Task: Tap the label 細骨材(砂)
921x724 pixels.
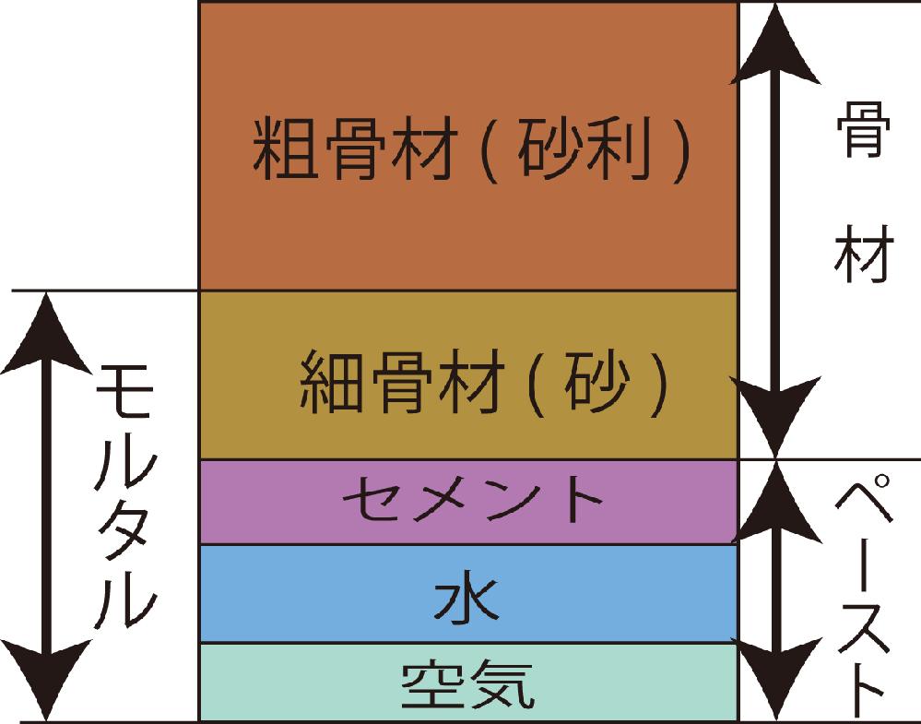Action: pos(485,383)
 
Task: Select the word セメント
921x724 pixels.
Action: pos(473,499)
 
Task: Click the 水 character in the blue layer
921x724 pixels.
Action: pos(466,599)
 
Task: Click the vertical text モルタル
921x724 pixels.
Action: pos(124,497)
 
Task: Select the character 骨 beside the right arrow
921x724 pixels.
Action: pos(864,129)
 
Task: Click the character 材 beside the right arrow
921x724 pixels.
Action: pos(864,254)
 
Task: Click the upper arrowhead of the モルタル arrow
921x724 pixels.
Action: pos(46,332)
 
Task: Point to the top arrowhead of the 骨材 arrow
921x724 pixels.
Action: pos(775,44)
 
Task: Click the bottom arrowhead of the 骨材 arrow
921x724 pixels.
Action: pos(775,417)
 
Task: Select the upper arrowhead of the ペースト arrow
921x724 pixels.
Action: pos(775,502)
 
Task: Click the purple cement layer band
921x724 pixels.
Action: pos(468,503)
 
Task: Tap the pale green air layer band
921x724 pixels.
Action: pos(468,682)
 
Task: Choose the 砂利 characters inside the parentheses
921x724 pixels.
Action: pos(584,149)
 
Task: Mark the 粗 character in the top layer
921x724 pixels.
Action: pos(286,148)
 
